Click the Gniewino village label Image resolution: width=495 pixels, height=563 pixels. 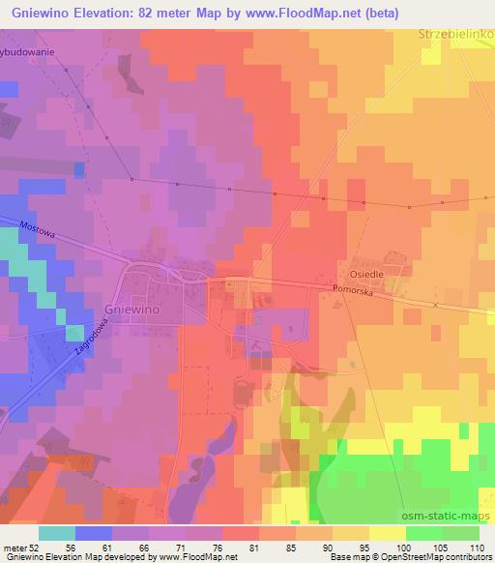tap(131, 312)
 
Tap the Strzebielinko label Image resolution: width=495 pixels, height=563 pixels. tap(457, 34)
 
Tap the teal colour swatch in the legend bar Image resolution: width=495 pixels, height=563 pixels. tap(57, 533)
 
